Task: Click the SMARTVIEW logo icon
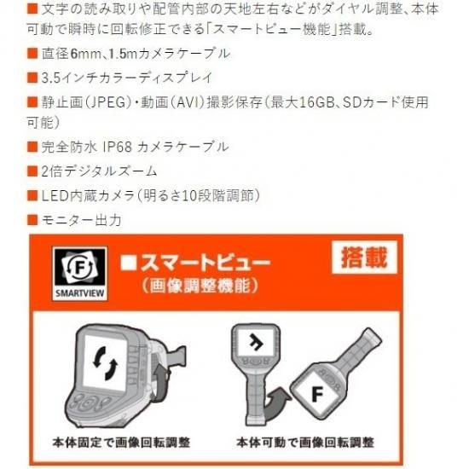[x=80, y=274]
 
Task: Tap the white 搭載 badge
[x=365, y=257]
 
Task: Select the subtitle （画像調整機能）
[x=200, y=286]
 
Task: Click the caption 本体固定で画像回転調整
[x=121, y=442]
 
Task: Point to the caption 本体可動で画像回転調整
[x=305, y=442]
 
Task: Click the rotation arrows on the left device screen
[x=105, y=362]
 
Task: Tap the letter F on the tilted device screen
[x=318, y=394]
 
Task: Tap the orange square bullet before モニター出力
[x=32, y=220]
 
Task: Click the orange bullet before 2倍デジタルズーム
[x=32, y=171]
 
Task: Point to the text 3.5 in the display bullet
[x=51, y=78]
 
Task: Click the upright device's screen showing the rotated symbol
[x=256, y=342]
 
